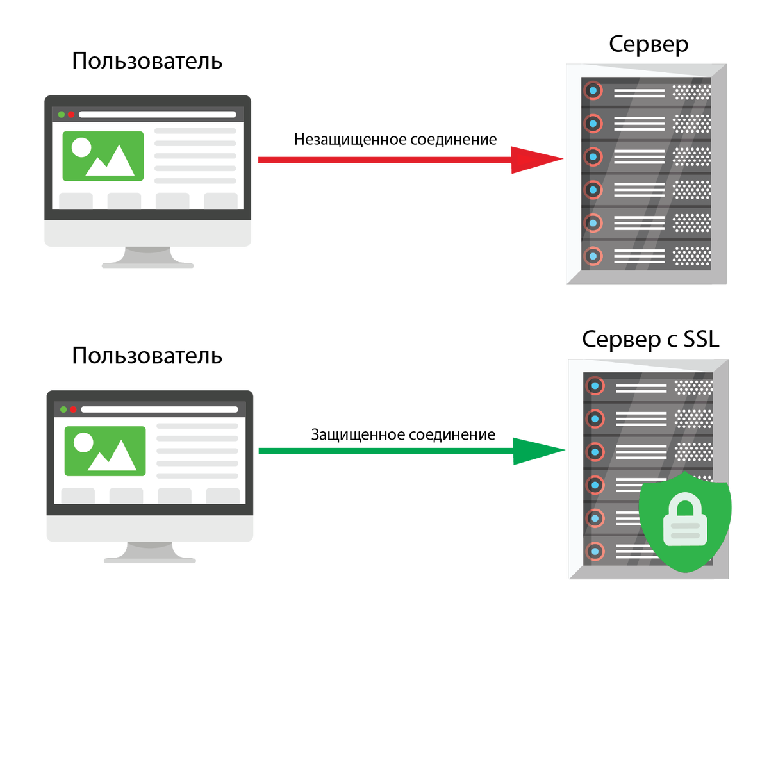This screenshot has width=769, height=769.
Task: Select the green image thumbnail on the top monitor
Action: pyautogui.click(x=103, y=156)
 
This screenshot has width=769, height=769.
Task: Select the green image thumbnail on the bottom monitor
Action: pyautogui.click(x=105, y=451)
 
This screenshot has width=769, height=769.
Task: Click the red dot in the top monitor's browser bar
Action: pyautogui.click(x=71, y=115)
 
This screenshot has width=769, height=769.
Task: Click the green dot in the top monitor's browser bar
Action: pyautogui.click(x=62, y=115)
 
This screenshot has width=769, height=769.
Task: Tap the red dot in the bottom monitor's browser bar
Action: pyautogui.click(x=73, y=409)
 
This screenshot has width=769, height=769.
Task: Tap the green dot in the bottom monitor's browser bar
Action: pyautogui.click(x=63, y=409)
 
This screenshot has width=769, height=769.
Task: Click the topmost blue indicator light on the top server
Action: pyautogui.click(x=593, y=90)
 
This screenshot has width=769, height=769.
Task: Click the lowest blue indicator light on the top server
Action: pyautogui.click(x=593, y=256)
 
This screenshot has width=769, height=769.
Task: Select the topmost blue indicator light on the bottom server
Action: pyautogui.click(x=595, y=386)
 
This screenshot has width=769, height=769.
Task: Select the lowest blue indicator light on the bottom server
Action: pyautogui.click(x=595, y=550)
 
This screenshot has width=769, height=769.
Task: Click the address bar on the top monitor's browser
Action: pyautogui.click(x=157, y=115)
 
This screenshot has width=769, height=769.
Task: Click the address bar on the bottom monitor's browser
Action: pyautogui.click(x=159, y=409)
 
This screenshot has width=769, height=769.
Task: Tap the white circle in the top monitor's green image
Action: pyautogui.click(x=81, y=147)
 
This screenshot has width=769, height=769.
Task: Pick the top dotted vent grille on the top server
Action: pyautogui.click(x=691, y=92)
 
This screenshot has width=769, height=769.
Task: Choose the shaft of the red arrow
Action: pyautogui.click(x=384, y=160)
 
